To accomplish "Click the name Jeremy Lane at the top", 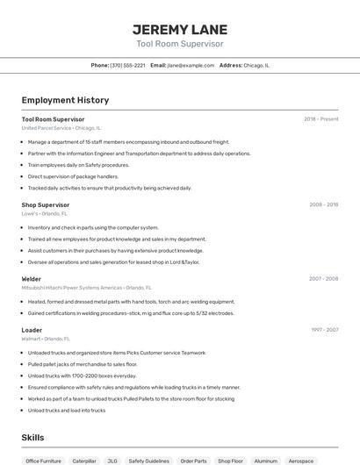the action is pos(179,29).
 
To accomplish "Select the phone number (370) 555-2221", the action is pos(127,65).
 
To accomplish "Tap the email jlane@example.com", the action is pos(191,65).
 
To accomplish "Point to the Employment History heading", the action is pos(65,101).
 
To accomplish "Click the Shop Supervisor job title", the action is pos(46,204).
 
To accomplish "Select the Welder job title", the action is pos(32,279).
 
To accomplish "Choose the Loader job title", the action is pos(32,330).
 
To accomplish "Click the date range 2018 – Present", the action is pos(320,119).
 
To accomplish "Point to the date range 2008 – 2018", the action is pos(323,204).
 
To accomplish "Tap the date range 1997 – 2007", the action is pos(323,330).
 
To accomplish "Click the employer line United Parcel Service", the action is pos(61,128).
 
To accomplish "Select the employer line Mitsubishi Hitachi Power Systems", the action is pos(86,288).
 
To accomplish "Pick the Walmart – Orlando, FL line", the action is pos(44,339).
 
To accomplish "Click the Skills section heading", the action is pos(32,438).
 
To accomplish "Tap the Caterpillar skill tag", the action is pos(84,461).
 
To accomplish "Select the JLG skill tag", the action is pos(112,461).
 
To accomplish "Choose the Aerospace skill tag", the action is pos(300,461).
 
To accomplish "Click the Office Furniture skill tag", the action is pos(44,461).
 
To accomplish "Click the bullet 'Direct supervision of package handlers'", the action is pos(73,176).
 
